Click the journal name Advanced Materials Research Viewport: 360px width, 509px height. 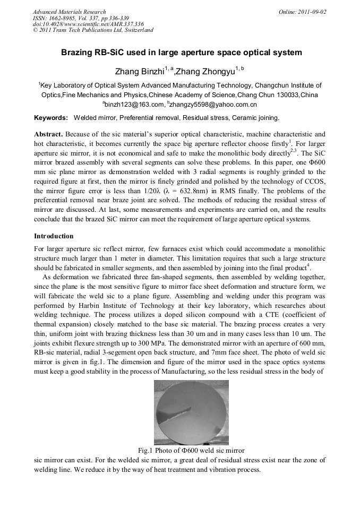[x=69, y=11]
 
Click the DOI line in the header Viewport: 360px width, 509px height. [x=88, y=24]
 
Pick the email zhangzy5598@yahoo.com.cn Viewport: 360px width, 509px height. [x=215, y=105]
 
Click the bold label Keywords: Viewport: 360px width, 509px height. [x=50, y=117]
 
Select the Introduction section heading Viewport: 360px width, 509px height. [x=54, y=236]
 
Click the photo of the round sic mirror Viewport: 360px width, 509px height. [x=191, y=413]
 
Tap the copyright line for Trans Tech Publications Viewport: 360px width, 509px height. [x=93, y=30]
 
